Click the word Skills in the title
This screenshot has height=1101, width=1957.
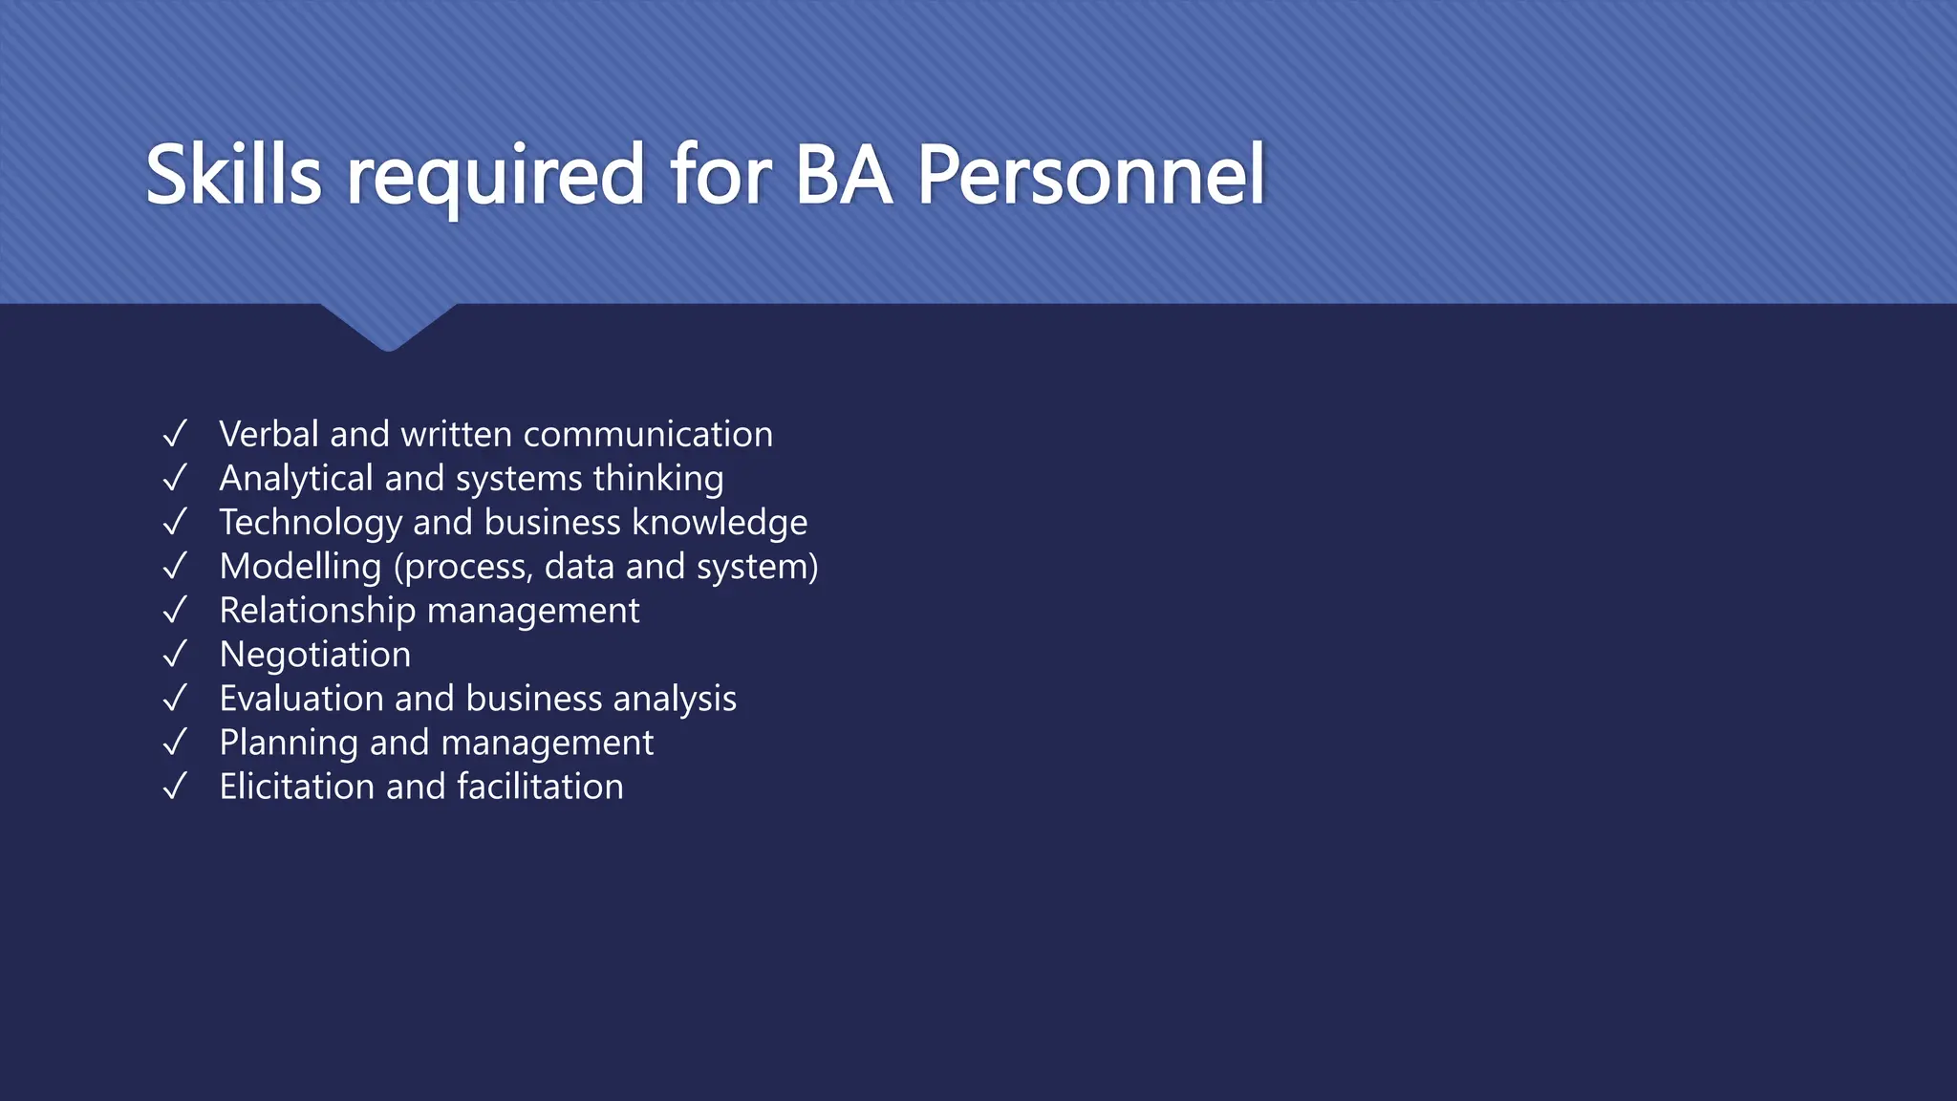click(233, 175)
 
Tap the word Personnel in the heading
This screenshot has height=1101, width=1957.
click(1091, 175)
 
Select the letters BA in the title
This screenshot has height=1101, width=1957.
click(843, 175)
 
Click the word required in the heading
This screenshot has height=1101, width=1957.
click(495, 178)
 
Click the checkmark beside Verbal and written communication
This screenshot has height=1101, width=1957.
click(175, 434)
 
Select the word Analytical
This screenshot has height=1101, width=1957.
click(295, 479)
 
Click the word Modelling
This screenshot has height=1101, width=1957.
click(300, 567)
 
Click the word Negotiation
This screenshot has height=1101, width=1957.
click(315, 655)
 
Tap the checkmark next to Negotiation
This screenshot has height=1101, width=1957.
click(175, 655)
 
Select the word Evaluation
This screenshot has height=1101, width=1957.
click(301, 699)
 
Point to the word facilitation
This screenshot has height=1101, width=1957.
click(540, 787)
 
